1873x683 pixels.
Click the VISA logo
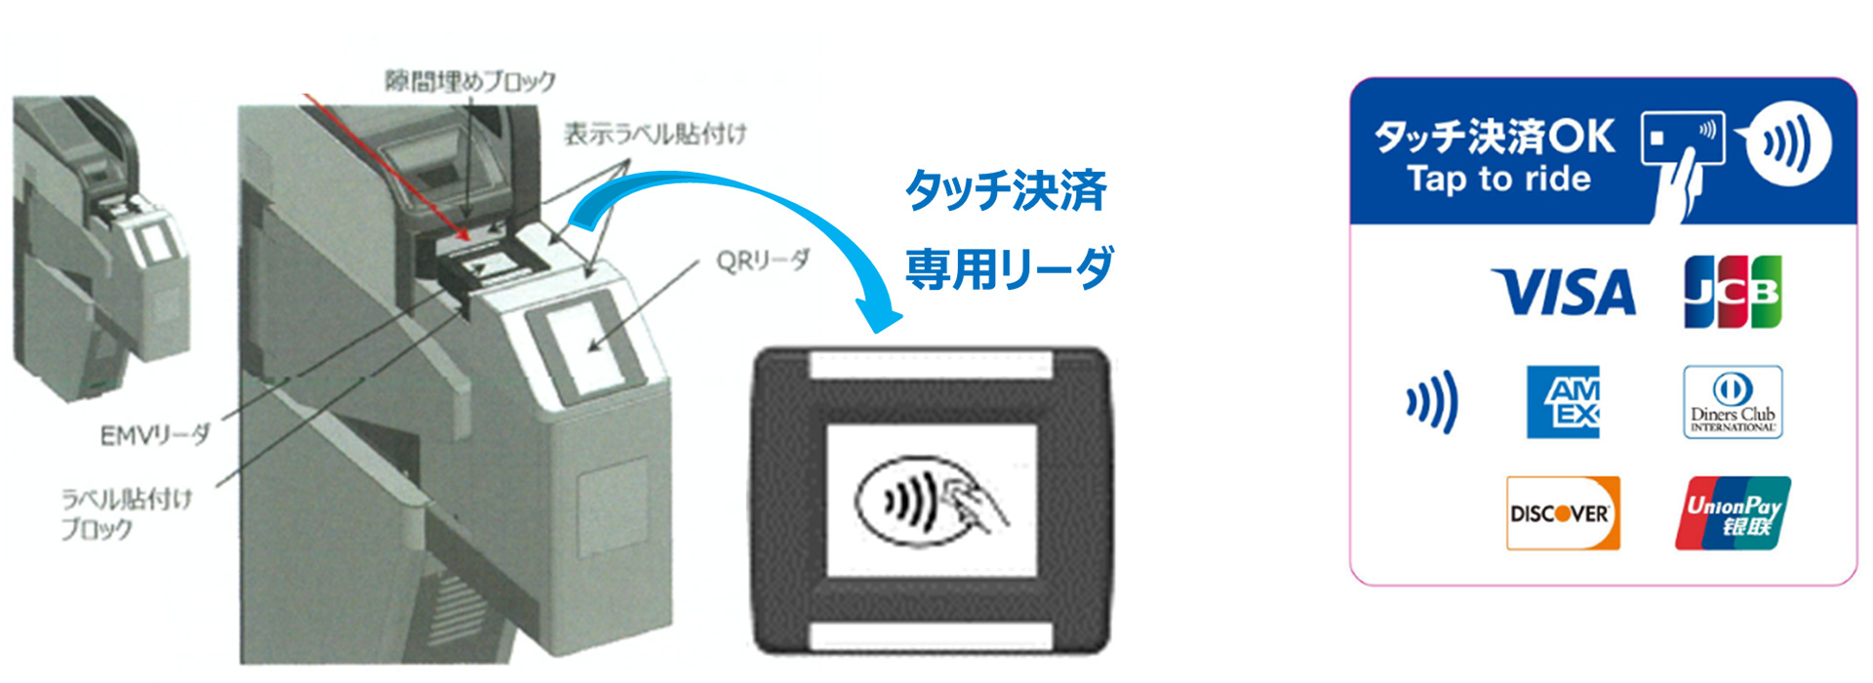(x=1564, y=292)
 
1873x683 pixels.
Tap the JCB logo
(x=1733, y=291)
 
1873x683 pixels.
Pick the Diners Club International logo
(x=1733, y=402)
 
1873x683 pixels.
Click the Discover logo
(x=1563, y=513)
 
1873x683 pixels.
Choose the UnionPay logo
(x=1733, y=513)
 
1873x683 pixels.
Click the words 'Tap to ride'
(x=1498, y=180)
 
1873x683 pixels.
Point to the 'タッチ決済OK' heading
(x=1494, y=137)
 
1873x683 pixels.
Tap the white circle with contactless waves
(x=1788, y=143)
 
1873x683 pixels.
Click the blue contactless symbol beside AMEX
(x=1432, y=401)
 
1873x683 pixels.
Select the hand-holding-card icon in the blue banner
(x=1682, y=161)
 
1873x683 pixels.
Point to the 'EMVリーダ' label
(x=154, y=434)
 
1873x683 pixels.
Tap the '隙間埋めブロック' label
(x=470, y=80)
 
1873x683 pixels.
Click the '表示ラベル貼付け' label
(x=655, y=134)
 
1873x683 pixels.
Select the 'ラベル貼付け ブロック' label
(x=126, y=514)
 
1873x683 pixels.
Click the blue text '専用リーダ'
(x=1010, y=268)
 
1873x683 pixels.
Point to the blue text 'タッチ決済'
(x=1006, y=190)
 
